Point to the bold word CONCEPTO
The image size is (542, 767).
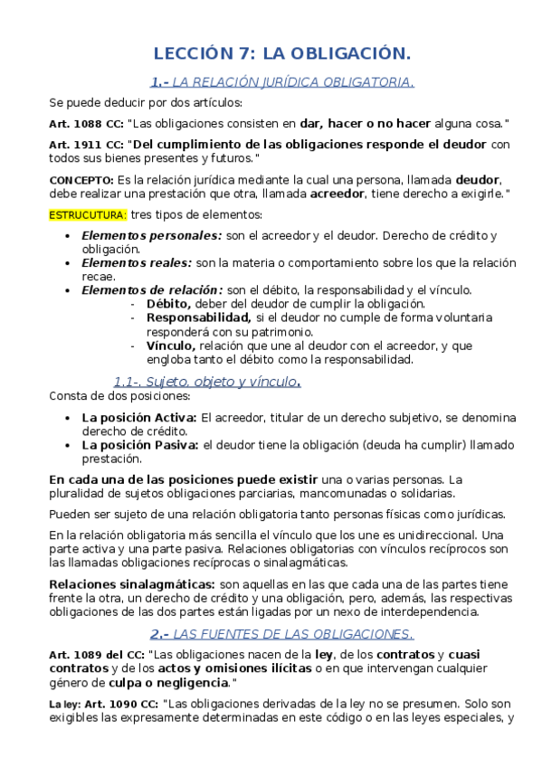[x=76, y=180]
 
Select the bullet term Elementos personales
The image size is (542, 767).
[x=151, y=236]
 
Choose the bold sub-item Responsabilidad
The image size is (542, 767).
[x=198, y=317]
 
